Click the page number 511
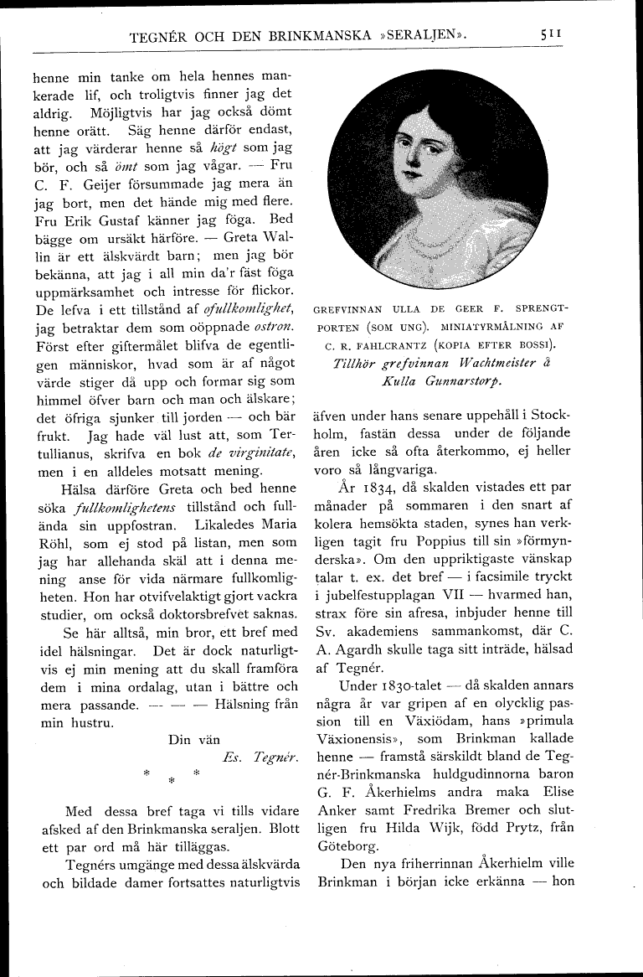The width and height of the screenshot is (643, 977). pyautogui.click(x=550, y=35)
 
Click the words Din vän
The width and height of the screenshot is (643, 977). pyautogui.click(x=193, y=739)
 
